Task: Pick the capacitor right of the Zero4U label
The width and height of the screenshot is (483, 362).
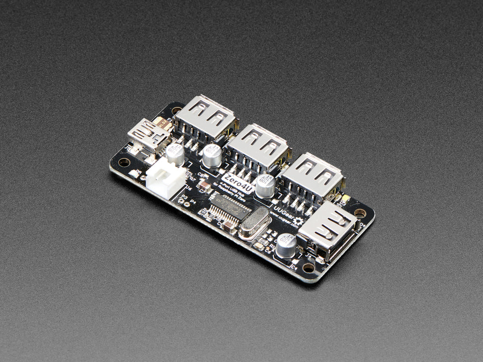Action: pyautogui.click(x=265, y=185)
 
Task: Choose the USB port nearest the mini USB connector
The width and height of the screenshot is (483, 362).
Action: pyautogui.click(x=205, y=119)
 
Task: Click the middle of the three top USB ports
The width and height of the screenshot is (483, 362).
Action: pyautogui.click(x=257, y=148)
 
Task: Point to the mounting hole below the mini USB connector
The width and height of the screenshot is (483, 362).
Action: pyautogui.click(x=123, y=162)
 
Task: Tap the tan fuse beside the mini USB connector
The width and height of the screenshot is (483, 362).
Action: pyautogui.click(x=162, y=122)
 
